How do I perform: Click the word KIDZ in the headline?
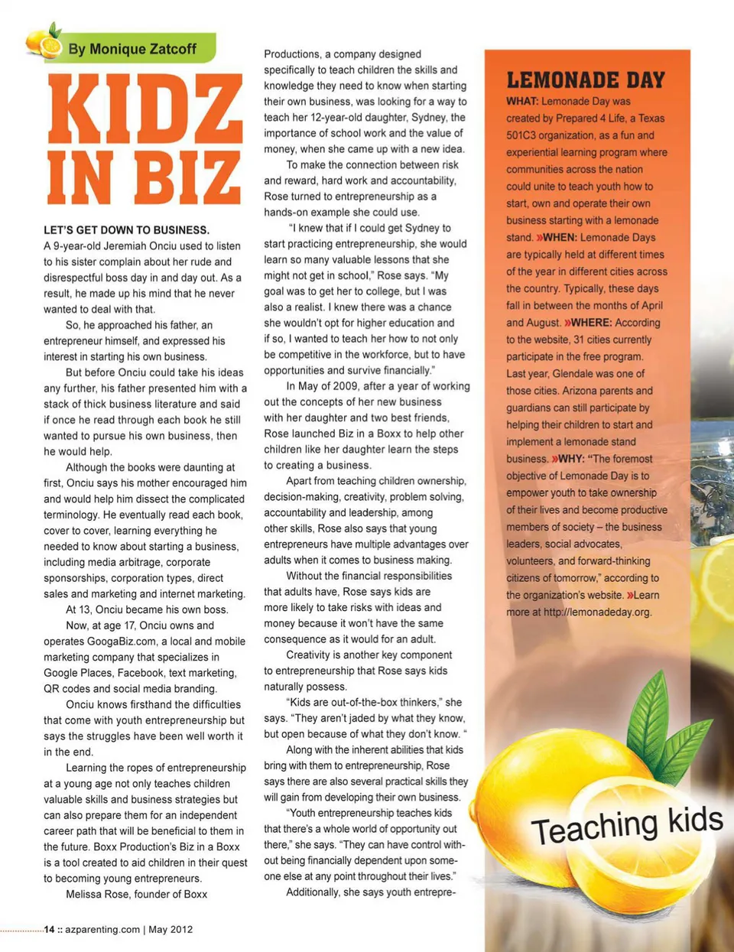pyautogui.click(x=145, y=109)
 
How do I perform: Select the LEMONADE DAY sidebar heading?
pyautogui.click(x=586, y=80)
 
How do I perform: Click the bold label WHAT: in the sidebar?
pyautogui.click(x=522, y=102)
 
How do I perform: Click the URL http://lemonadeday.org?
pyautogui.click(x=597, y=612)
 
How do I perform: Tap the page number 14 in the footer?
pyautogui.click(x=49, y=930)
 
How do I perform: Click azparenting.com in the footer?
pyautogui.click(x=102, y=930)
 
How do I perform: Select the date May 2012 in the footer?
pyautogui.click(x=171, y=930)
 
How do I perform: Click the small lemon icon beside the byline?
pyautogui.click(x=44, y=42)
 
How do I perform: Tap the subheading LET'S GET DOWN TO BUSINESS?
pyautogui.click(x=126, y=229)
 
